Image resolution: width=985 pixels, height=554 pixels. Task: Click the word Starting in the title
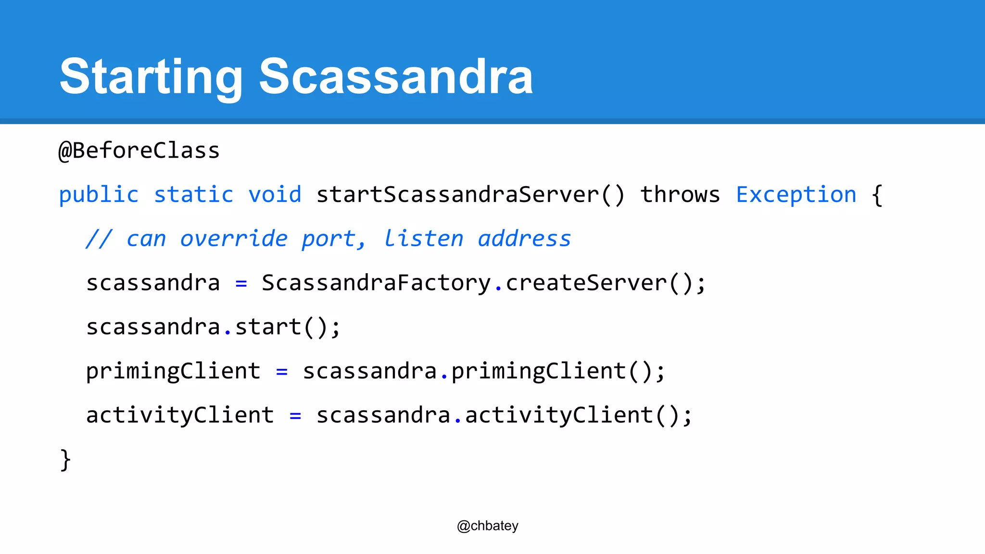click(x=151, y=77)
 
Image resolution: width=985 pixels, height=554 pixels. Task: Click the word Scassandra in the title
click(x=396, y=77)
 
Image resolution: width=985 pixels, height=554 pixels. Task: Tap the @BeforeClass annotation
click(x=139, y=151)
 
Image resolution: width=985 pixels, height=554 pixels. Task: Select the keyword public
click(x=99, y=195)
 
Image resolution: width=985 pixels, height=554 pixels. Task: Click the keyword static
click(x=193, y=195)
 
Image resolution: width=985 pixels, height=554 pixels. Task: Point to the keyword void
click(x=275, y=195)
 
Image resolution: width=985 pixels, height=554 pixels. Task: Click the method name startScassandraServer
click(x=457, y=195)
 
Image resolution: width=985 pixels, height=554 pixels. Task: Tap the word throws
click(x=680, y=195)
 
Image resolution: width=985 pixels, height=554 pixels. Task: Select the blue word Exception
click(x=796, y=195)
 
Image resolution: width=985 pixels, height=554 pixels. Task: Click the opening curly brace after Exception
click(x=877, y=195)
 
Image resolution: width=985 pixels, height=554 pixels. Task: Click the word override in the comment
click(x=234, y=239)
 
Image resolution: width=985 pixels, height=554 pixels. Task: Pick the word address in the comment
click(x=524, y=239)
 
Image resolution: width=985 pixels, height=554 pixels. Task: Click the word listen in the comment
click(x=423, y=239)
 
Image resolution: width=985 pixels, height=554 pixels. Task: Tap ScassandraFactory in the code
click(x=376, y=283)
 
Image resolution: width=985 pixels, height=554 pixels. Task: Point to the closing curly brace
click(x=65, y=460)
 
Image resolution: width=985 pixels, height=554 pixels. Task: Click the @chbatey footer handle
click(x=488, y=526)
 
